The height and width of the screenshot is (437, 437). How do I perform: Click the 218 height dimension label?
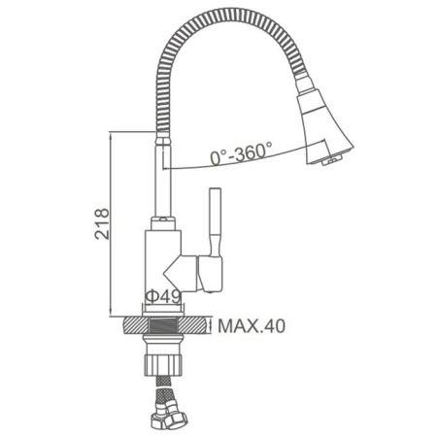102,223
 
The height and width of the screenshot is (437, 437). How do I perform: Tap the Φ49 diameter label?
163,296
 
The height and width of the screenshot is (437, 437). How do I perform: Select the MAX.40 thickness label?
252,326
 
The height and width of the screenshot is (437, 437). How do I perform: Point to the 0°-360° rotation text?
241,153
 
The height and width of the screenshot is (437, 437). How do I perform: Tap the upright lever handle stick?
216,221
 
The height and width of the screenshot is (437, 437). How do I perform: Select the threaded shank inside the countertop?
163,325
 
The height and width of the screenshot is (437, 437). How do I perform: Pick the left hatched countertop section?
136,325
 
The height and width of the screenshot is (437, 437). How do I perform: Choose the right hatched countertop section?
192,325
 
